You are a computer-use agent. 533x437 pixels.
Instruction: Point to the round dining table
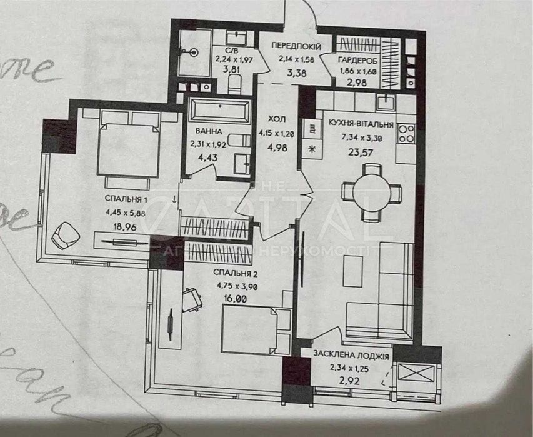click(371, 193)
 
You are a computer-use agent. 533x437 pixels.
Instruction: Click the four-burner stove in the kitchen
click(406, 132)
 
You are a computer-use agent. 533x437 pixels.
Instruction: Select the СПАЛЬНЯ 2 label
click(236, 274)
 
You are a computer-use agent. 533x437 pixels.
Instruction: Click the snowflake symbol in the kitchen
click(309, 149)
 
